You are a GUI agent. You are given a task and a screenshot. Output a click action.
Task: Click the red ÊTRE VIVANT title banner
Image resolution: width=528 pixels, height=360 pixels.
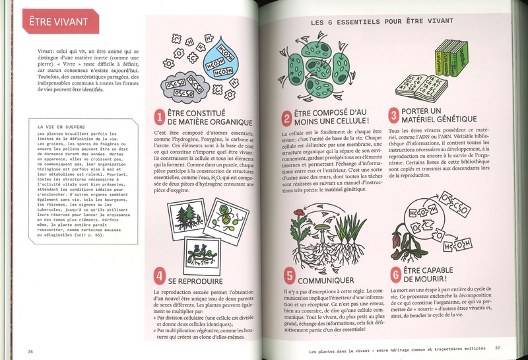click(x=59, y=22)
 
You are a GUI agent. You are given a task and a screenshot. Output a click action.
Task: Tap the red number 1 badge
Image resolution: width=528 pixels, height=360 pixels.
click(x=159, y=118)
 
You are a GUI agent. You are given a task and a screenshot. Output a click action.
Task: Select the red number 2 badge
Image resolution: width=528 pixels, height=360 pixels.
click(x=286, y=118)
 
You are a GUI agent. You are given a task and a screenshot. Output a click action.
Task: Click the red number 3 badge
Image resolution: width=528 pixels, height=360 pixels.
click(x=394, y=116)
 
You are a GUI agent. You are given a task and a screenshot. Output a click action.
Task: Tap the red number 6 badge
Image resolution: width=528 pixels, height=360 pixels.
click(x=395, y=273)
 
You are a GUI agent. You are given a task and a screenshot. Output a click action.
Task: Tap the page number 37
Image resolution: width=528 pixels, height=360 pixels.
click(x=499, y=347)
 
